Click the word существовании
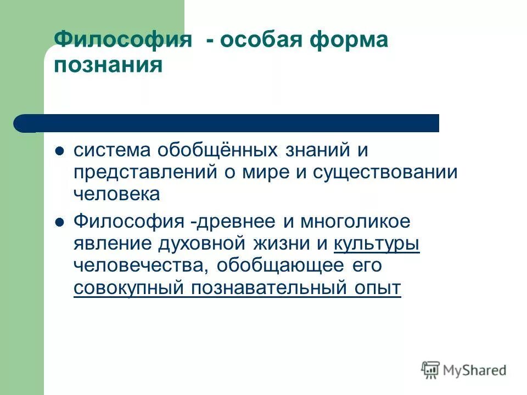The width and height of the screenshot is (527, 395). tap(385, 172)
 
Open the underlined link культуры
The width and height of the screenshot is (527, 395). tap(377, 243)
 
